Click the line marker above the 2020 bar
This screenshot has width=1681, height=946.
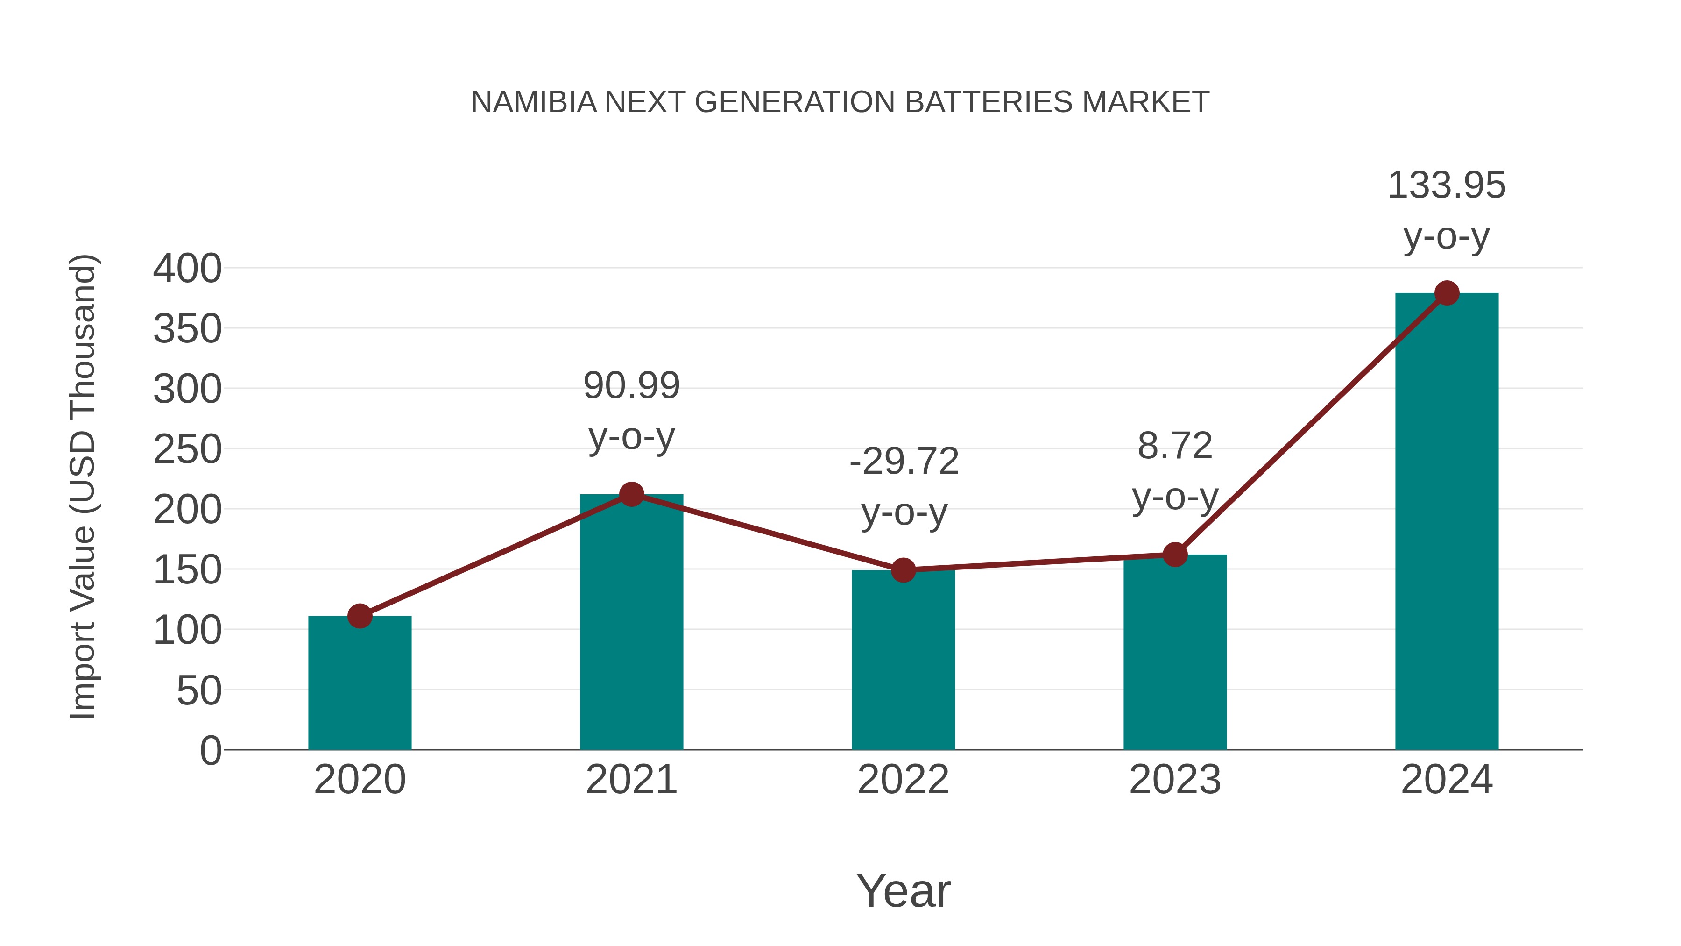(360, 616)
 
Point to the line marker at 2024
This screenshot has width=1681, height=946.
(1447, 293)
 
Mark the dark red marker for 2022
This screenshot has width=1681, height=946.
(903, 570)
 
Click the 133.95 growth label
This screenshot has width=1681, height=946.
(1446, 185)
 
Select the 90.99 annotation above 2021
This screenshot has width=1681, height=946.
(631, 385)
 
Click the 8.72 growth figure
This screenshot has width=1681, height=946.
(1175, 447)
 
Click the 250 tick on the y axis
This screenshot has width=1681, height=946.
(187, 450)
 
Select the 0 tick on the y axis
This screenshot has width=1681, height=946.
(210, 750)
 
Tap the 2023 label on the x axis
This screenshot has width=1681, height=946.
(1175, 780)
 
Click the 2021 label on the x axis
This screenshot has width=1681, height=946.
(631, 780)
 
